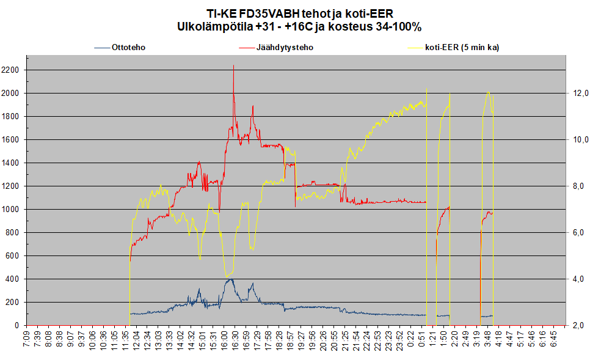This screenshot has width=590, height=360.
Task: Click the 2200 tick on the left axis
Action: click(x=10, y=70)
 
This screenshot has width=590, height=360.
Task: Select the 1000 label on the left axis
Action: click(x=10, y=210)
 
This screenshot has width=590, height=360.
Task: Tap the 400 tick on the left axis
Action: click(x=12, y=279)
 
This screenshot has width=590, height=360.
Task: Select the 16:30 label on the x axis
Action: click(x=235, y=340)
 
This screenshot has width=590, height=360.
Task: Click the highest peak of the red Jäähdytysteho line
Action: click(x=234, y=65)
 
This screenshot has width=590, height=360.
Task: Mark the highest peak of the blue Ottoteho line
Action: click(x=231, y=279)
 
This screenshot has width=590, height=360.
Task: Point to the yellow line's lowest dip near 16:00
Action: click(x=227, y=277)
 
